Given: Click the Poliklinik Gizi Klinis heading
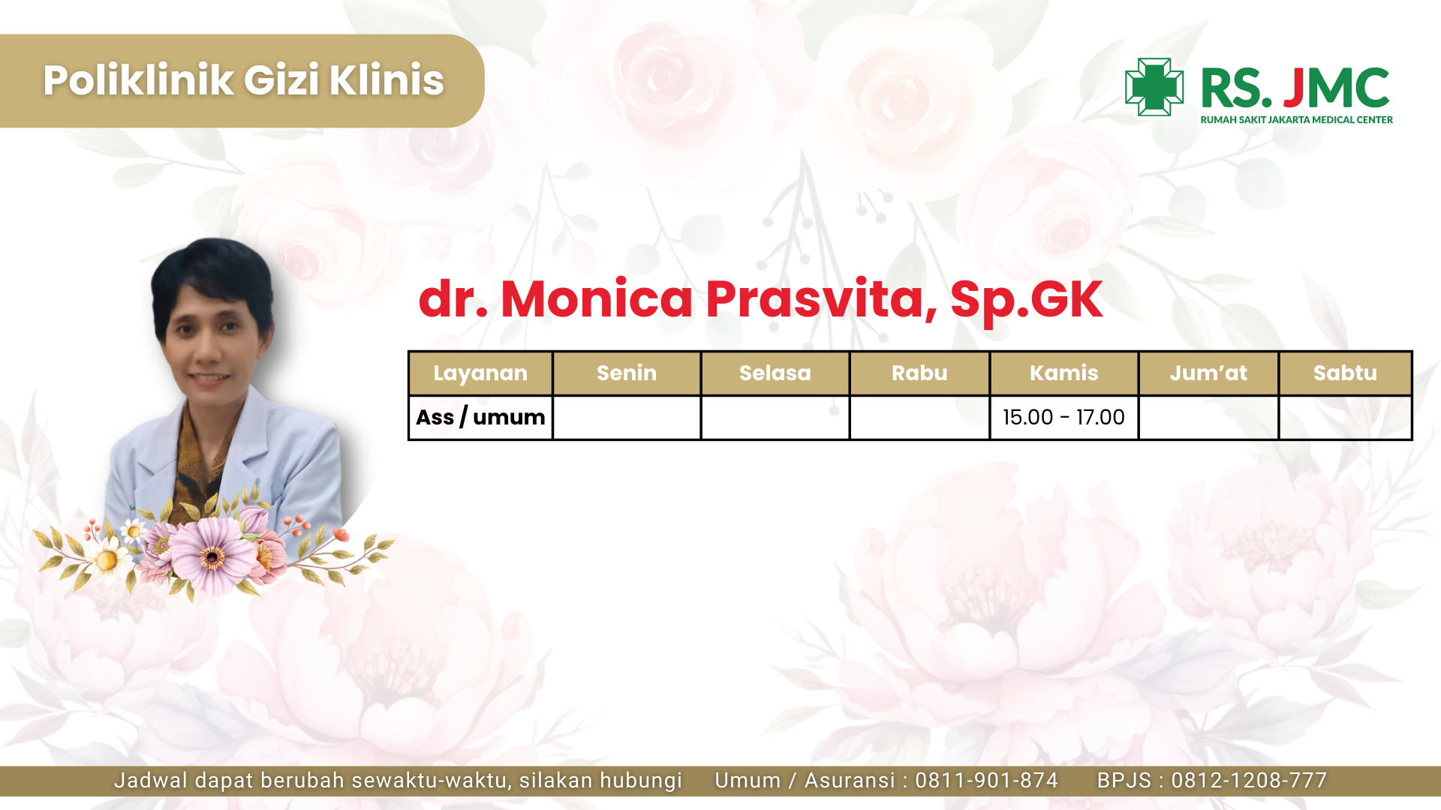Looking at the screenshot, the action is (243, 80).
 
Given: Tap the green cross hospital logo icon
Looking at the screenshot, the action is (1154, 87).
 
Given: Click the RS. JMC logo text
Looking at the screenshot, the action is (1295, 88).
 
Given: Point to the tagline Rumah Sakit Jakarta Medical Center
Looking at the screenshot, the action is (1296, 120).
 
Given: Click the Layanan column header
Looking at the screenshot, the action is (480, 373).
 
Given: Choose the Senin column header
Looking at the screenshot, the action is (627, 373).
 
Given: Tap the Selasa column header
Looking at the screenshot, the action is (775, 373).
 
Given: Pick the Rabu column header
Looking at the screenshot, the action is (919, 373).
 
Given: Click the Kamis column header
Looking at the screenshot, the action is (1064, 373).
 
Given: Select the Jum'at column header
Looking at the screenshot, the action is (1208, 373).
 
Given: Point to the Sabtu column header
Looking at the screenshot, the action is (1345, 373).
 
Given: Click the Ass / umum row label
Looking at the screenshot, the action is (480, 417).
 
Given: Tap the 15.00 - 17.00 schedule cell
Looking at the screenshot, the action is (1063, 417).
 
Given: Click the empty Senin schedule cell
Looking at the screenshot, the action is (627, 418).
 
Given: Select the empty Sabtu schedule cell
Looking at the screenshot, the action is (1345, 418).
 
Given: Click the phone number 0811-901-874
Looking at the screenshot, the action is (986, 781).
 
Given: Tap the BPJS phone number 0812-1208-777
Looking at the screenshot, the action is (1249, 781).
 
